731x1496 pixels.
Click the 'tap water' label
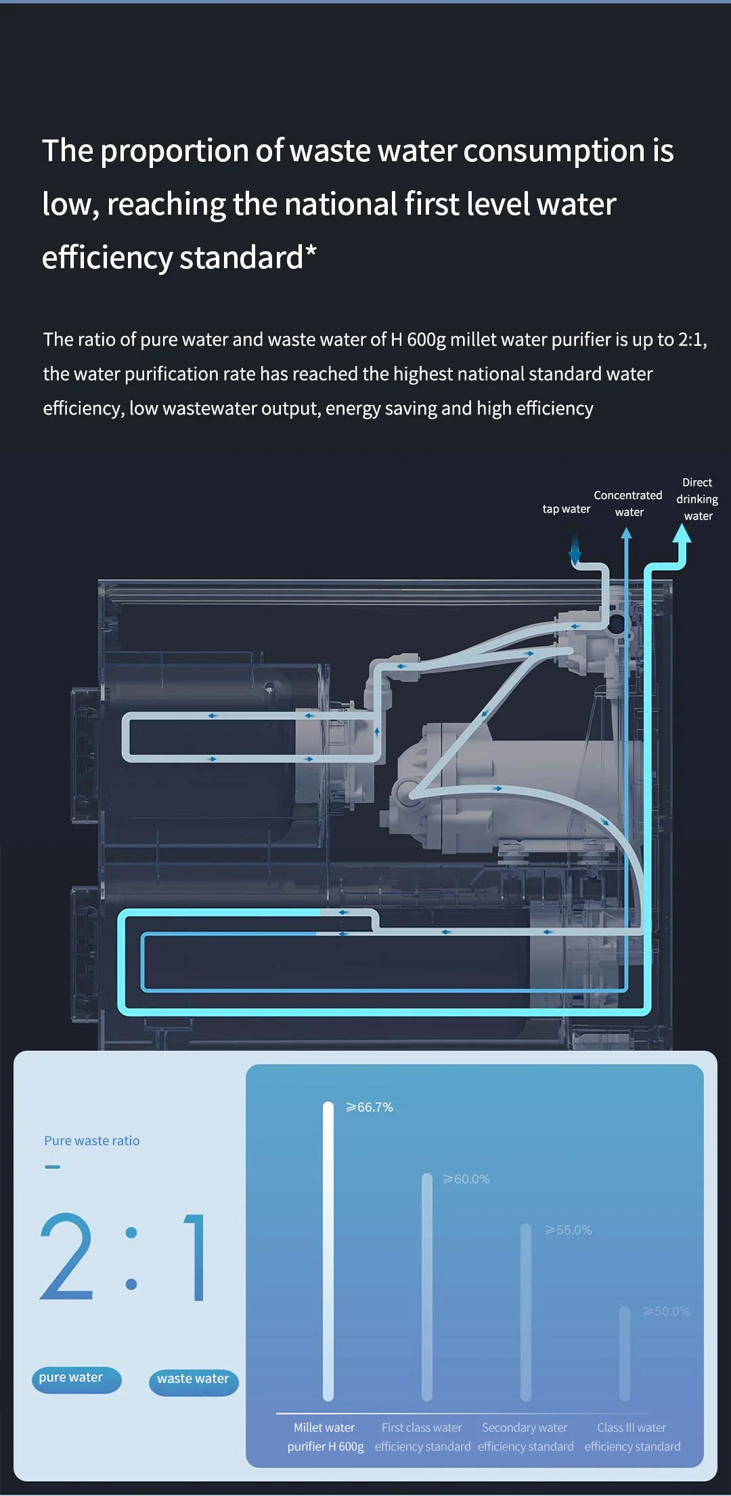pos(566,509)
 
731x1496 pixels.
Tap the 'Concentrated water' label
pos(628,504)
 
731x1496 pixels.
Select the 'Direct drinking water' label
pos(697,499)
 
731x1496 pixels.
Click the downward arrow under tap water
pos(575,551)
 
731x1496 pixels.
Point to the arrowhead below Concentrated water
pos(626,534)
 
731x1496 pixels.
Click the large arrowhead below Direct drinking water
pos(682,535)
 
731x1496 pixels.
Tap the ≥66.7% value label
pos(370,1107)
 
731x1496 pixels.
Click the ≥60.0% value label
pos(466,1179)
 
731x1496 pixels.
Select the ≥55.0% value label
pos(569,1230)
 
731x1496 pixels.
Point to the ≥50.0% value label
pos(667,1311)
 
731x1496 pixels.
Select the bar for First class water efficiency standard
pos(426,1287)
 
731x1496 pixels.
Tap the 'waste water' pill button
pos(194,1380)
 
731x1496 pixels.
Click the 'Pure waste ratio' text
pos(92,1140)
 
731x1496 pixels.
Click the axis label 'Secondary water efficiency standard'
pos(525,1437)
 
